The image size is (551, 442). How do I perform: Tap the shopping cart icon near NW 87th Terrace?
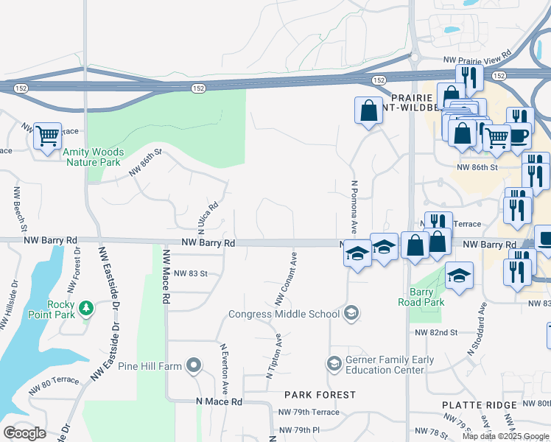tap(47, 136)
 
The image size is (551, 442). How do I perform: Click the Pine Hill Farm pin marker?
tap(193, 365)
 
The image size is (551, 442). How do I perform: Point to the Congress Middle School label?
tap(284, 314)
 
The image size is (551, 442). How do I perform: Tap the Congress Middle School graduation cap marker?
tap(351, 313)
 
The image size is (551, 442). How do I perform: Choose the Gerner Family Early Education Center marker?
tap(334, 364)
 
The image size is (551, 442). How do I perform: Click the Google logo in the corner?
tap(24, 433)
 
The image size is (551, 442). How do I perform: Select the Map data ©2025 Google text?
tap(505, 436)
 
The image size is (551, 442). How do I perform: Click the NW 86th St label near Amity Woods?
tap(144, 163)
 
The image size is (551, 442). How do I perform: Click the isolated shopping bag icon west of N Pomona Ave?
tap(368, 111)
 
